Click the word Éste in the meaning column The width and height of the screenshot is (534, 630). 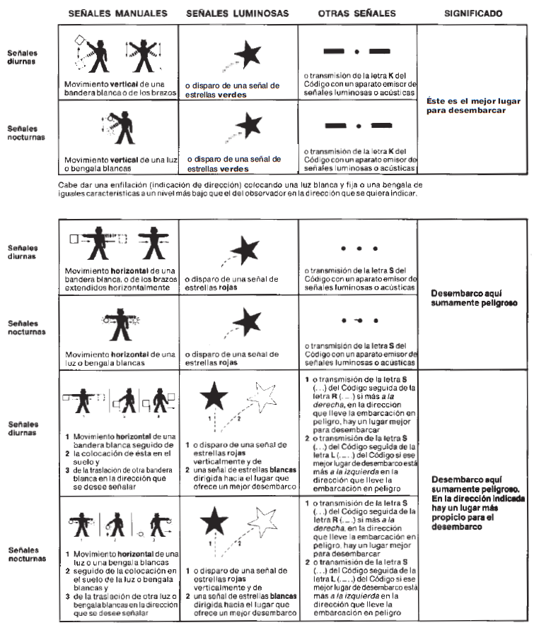[x=437, y=101]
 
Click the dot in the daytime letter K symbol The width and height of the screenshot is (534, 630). [x=356, y=51]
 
